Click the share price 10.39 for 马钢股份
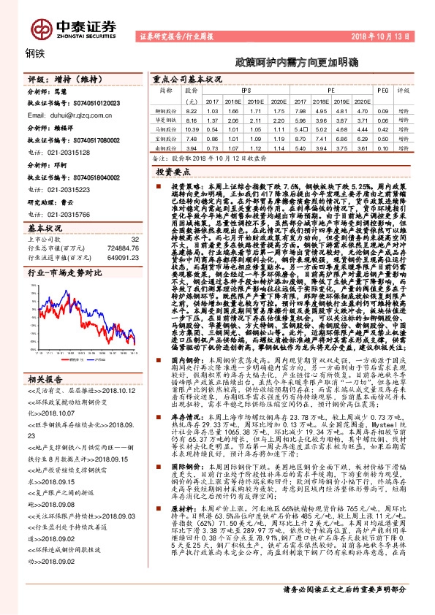click(192, 128)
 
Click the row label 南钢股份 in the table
click(170, 148)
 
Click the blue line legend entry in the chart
click(102, 340)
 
